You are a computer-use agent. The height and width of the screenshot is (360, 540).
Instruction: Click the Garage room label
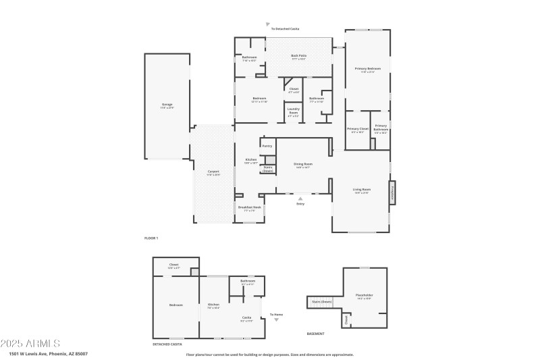coord(167,105)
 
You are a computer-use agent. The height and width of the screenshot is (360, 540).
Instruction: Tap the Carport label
coord(213,172)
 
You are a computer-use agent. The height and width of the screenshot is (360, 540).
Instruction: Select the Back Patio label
coord(298,57)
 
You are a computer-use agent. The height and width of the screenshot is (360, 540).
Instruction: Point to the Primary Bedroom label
coord(368,69)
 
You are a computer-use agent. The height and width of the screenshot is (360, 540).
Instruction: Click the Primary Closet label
coord(358,129)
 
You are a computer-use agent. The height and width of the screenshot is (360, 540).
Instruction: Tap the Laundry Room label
coord(294,111)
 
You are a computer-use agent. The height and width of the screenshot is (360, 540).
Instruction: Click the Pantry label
coord(267,146)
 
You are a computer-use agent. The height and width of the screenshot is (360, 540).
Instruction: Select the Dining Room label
coord(303,164)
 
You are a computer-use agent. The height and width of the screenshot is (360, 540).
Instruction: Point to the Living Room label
coord(362,190)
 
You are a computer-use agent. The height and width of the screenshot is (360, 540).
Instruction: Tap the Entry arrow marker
coord(300,198)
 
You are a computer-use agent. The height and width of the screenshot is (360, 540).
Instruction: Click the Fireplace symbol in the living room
coord(391,191)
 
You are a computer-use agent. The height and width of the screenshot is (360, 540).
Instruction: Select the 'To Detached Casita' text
coord(285,29)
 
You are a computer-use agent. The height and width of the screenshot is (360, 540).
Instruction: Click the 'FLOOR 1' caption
coord(151,238)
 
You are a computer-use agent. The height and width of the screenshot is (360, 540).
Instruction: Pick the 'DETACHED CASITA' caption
coord(168,344)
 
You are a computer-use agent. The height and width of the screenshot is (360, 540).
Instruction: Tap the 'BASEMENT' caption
coord(316,333)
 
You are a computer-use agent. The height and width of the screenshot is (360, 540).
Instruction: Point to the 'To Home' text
coord(277,315)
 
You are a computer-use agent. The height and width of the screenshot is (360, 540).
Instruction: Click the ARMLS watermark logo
coord(30,343)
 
